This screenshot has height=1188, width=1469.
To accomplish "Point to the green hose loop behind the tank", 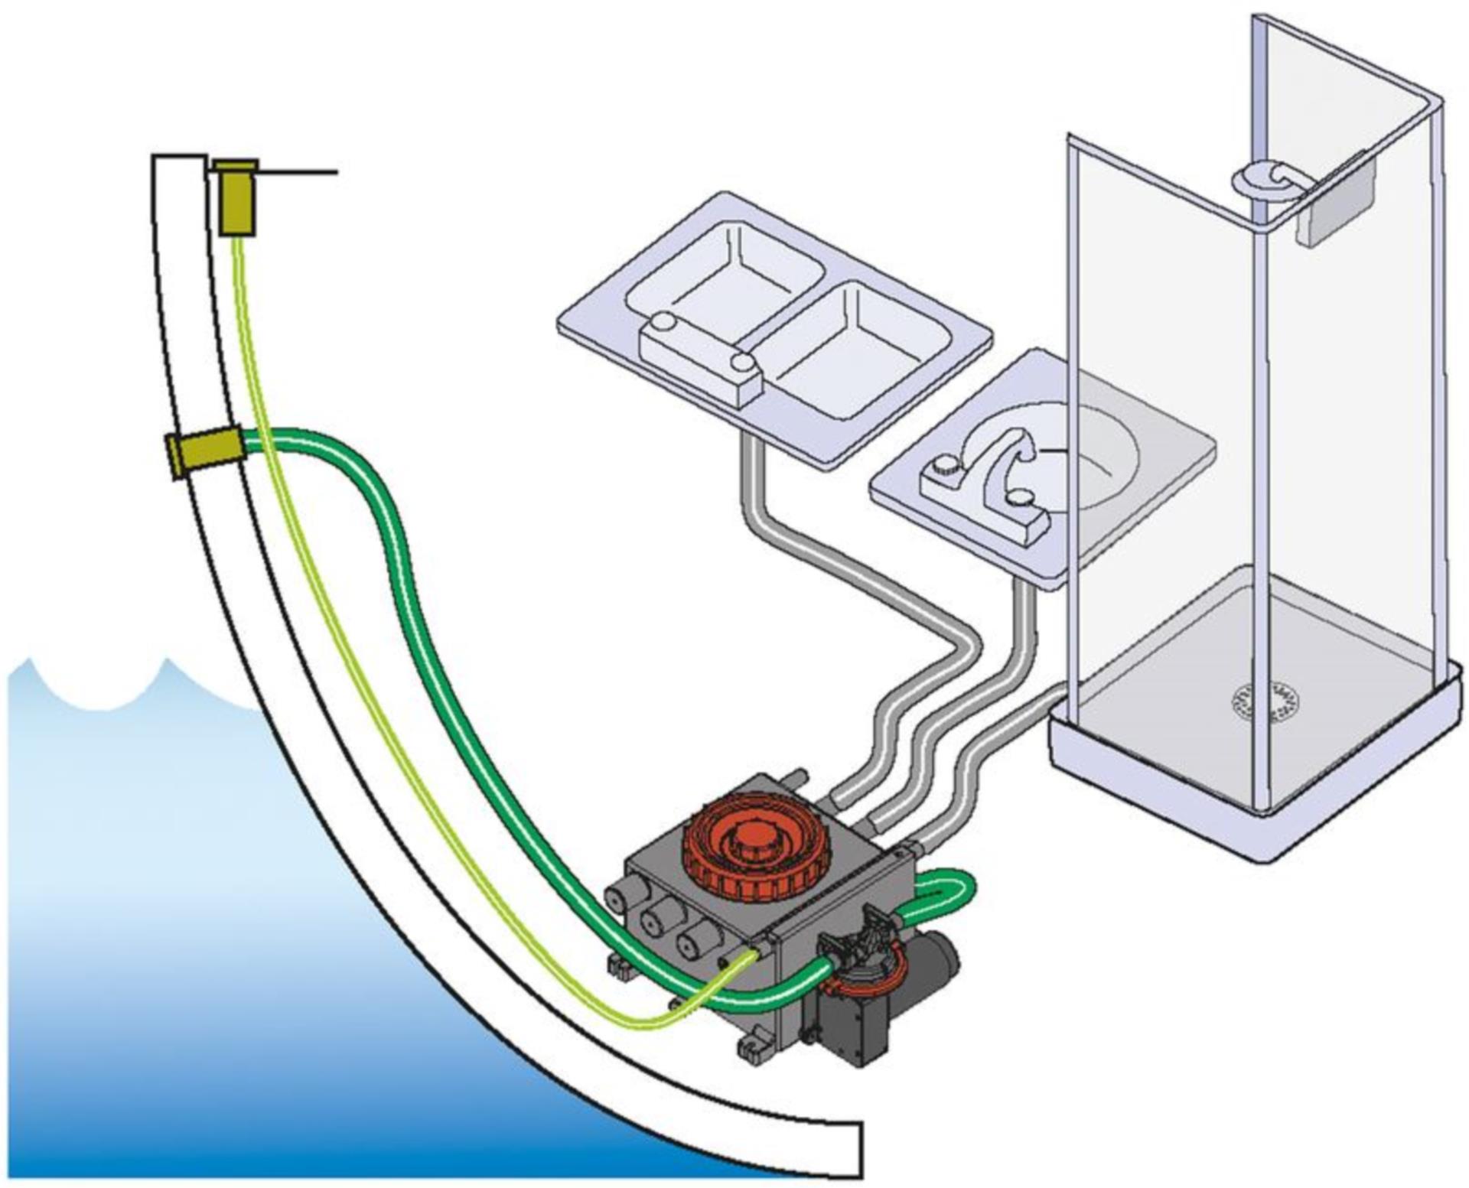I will pos(949,890).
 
